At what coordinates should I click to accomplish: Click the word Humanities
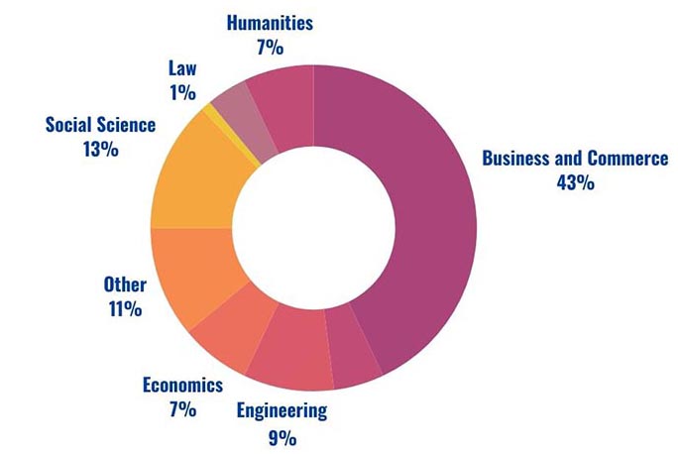(270, 21)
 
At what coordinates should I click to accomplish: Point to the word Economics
(182, 386)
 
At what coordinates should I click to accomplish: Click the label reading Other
(125, 285)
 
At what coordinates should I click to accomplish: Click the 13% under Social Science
(101, 150)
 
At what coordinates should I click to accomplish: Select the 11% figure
(125, 309)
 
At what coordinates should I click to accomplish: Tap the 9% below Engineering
(282, 436)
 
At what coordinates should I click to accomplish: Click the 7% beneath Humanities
(270, 45)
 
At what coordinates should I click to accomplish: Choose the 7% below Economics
(182, 409)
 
